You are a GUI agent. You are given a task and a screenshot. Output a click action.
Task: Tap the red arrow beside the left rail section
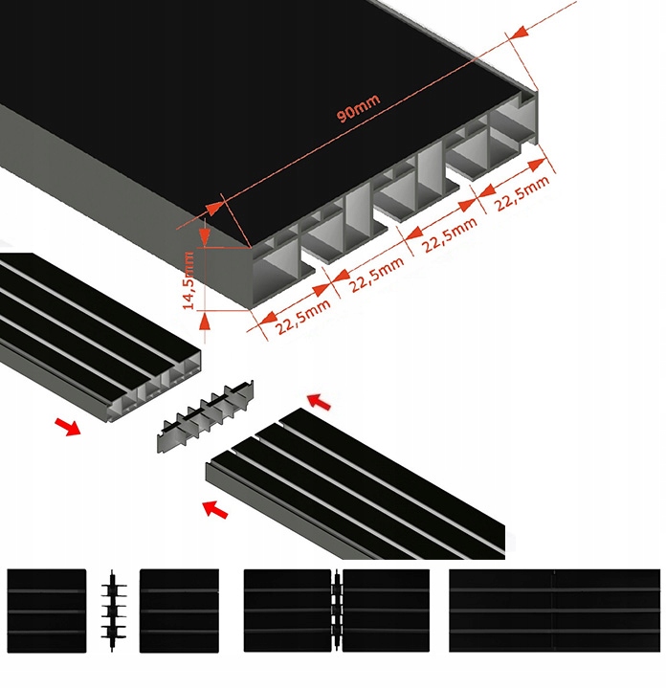[x=67, y=426]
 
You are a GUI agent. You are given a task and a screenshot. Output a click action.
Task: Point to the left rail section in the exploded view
[x=96, y=335]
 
